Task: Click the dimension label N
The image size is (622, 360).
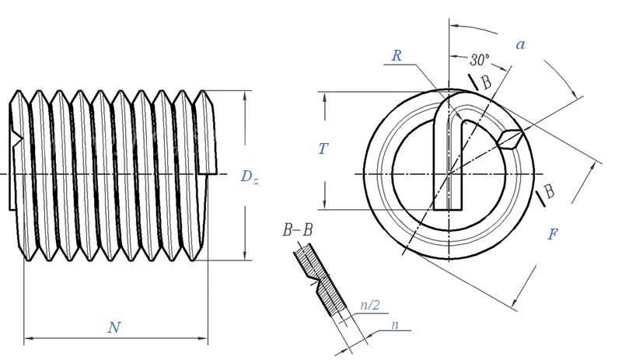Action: (x=114, y=327)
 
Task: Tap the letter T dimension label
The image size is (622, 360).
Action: (x=323, y=149)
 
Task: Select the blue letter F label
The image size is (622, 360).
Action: (x=552, y=233)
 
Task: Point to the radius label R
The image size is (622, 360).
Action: (x=397, y=56)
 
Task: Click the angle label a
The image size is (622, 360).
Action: (x=520, y=44)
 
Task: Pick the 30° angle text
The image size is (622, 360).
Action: (x=480, y=59)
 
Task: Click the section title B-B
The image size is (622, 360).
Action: (x=298, y=230)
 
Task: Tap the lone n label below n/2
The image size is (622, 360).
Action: (x=394, y=324)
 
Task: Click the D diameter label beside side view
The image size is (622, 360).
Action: (x=248, y=177)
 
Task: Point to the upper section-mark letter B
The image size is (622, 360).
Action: (x=486, y=82)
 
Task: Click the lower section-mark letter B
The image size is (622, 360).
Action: (x=549, y=191)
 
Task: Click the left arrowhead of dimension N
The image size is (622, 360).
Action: (x=29, y=339)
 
